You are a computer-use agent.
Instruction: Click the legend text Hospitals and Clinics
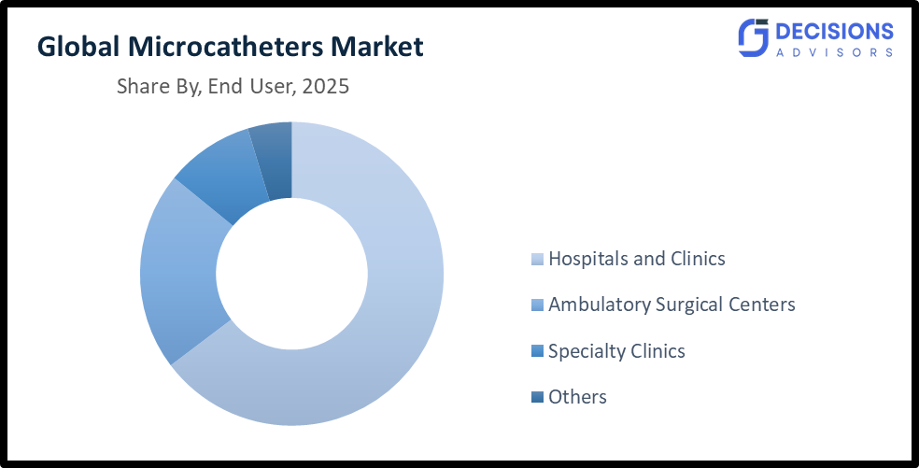coord(636,259)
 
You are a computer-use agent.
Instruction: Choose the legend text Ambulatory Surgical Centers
coord(672,305)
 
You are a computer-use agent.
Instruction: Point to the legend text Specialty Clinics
coord(616,351)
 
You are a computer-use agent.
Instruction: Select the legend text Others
coord(577,397)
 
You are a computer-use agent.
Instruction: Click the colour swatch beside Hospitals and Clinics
coord(536,260)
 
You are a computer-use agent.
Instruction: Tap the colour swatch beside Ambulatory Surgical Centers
coord(536,305)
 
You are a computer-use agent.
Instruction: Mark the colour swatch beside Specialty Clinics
coord(536,352)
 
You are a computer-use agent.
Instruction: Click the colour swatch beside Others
coord(536,398)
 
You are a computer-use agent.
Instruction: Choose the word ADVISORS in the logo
coord(834,53)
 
